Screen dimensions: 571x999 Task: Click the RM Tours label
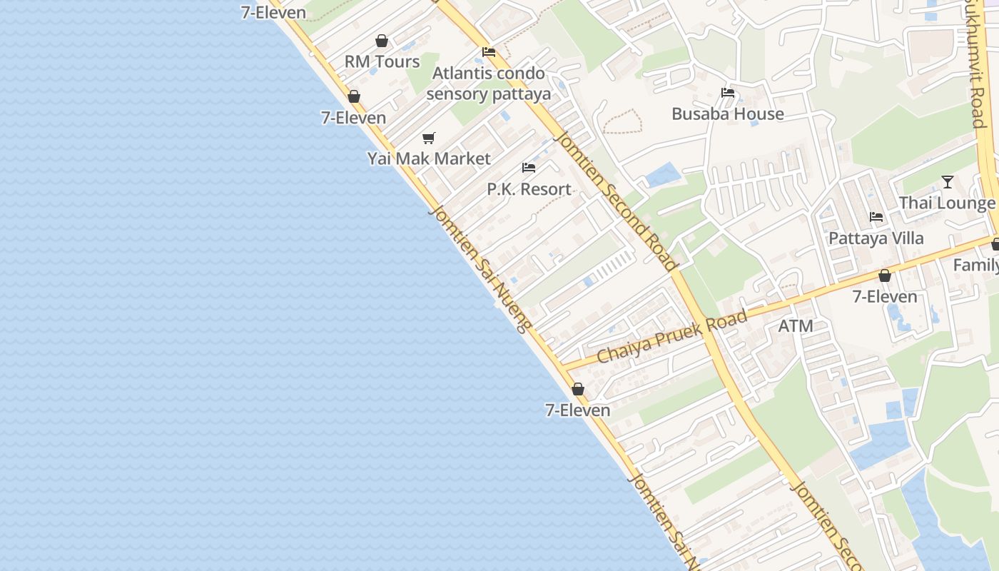coord(382,62)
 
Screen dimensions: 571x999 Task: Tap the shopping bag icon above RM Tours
coord(382,41)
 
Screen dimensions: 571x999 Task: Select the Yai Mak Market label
coord(429,158)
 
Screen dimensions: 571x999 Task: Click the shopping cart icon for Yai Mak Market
coord(428,138)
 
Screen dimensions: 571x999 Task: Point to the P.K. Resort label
coord(529,189)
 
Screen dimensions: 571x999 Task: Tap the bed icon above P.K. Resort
coord(529,168)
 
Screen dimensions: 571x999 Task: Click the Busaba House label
coord(727,114)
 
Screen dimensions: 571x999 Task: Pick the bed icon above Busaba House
coord(728,93)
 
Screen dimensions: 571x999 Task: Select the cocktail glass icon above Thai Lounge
coord(947,182)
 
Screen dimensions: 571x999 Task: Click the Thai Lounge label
coord(946,203)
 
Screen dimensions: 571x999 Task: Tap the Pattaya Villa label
coord(876,238)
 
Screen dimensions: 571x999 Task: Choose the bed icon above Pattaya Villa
coord(876,217)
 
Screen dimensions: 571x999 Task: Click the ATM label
coord(795,326)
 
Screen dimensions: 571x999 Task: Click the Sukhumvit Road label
coord(975,64)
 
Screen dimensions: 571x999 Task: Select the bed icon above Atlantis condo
coord(489,52)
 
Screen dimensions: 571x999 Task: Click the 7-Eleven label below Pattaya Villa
coord(885,297)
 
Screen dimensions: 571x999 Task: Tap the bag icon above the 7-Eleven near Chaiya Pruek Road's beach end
coord(578,389)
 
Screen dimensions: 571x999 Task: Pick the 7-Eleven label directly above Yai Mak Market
coord(353,118)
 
